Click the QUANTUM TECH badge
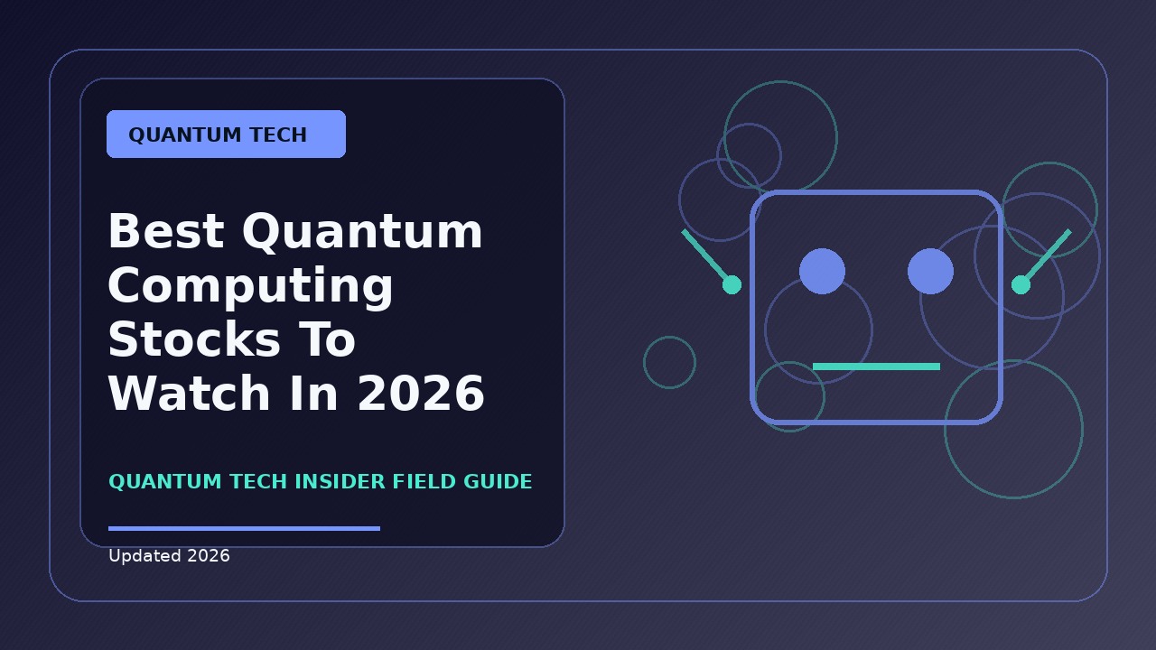[226, 135]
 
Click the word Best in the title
[166, 231]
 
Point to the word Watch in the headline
[190, 393]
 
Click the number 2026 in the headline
[421, 393]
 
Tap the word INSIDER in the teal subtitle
[340, 481]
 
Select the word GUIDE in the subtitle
[498, 481]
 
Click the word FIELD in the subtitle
[424, 481]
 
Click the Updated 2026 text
[169, 555]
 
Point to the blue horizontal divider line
[244, 528]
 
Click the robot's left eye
[822, 272]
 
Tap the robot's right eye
[930, 272]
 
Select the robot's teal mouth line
[876, 367]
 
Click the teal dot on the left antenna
[732, 284]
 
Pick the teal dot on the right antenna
[1021, 284]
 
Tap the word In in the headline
[313, 393]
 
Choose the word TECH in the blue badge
[278, 135]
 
